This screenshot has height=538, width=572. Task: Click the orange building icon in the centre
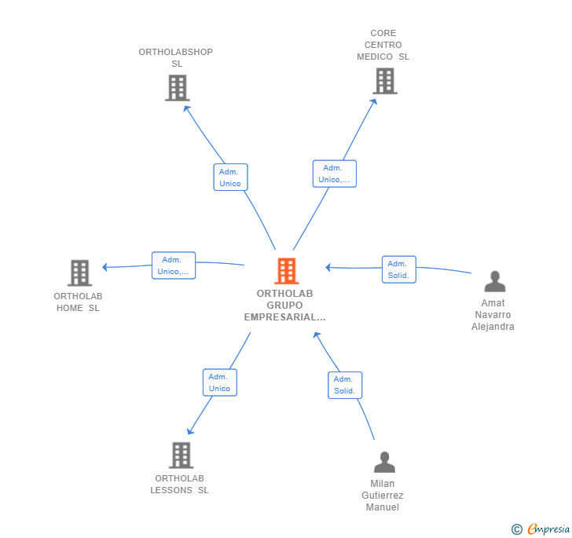[287, 271]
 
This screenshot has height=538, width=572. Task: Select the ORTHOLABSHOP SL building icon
[178, 87]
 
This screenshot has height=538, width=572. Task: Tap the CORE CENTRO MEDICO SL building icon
[385, 81]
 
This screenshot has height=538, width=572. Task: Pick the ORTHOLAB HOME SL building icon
[79, 273]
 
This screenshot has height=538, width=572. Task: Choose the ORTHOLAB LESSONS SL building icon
[181, 456]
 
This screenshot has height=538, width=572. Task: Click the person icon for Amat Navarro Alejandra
[495, 281]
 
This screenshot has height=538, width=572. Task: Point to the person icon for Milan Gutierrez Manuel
[384, 462]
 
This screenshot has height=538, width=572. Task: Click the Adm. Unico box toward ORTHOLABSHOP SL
[230, 178]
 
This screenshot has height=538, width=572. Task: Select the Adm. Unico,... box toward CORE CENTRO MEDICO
[335, 174]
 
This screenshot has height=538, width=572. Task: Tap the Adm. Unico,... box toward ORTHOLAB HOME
[174, 265]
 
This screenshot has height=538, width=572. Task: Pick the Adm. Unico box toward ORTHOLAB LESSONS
[220, 382]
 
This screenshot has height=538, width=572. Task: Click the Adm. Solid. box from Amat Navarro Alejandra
[399, 269]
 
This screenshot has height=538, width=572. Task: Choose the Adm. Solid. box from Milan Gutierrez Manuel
[345, 385]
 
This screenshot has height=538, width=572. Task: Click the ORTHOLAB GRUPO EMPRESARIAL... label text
[285, 306]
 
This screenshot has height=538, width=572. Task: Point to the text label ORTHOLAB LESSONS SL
[179, 484]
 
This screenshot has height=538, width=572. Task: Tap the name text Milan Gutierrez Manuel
[383, 496]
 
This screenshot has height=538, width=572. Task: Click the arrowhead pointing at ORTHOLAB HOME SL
[105, 267]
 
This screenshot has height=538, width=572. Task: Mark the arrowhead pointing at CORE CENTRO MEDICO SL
[374, 102]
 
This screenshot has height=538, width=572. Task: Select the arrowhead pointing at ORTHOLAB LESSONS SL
[190, 430]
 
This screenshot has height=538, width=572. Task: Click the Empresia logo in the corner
[541, 529]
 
